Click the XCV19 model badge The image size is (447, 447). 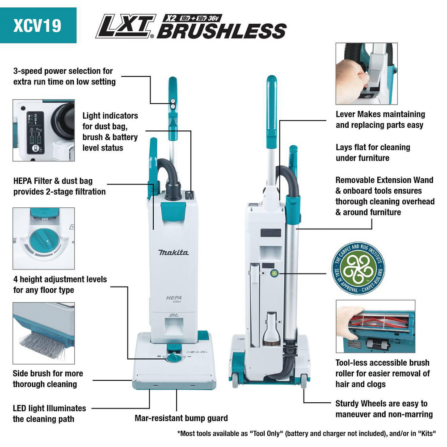coord(38,25)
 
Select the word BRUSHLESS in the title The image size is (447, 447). coord(221,31)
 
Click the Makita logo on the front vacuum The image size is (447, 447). coord(173,253)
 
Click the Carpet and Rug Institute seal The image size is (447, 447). coord(358,268)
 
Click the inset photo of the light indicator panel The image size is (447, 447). coord(43,130)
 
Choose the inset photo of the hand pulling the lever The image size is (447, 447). coord(366,73)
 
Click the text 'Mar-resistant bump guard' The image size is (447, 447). coord(181,418)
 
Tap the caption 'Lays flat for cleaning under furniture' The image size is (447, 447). coord(373,152)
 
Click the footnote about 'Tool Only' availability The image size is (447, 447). coord(306,434)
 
